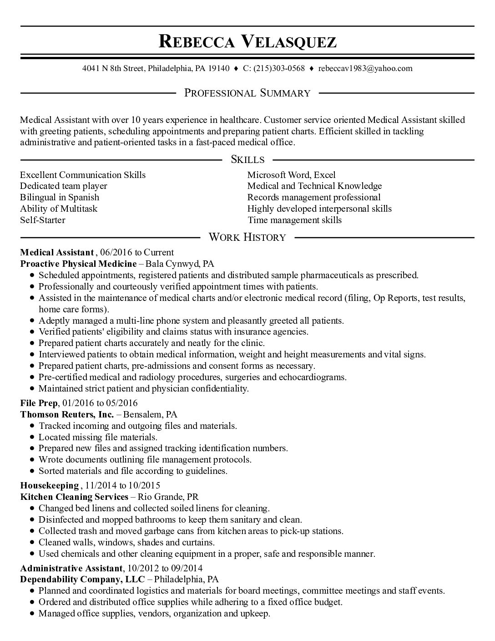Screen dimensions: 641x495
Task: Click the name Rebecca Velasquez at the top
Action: tap(247, 41)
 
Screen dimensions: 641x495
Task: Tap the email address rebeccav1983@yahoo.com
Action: tap(365, 69)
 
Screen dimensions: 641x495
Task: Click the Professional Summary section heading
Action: tap(247, 93)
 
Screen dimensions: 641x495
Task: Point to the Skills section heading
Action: tap(247, 159)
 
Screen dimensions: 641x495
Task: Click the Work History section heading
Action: tap(247, 237)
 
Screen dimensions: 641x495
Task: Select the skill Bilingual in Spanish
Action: tap(60, 198)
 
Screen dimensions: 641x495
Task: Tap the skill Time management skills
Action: tap(294, 220)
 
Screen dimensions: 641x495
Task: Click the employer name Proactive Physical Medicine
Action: tap(79, 264)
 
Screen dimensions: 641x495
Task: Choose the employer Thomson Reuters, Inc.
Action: tap(67, 415)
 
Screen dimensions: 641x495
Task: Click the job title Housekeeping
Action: tap(50, 486)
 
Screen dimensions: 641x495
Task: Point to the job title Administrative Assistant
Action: tap(71, 568)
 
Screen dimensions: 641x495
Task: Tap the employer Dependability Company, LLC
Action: tap(82, 580)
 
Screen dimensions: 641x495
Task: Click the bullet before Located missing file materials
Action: tap(31, 438)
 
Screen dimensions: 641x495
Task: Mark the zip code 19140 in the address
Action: tap(218, 69)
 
